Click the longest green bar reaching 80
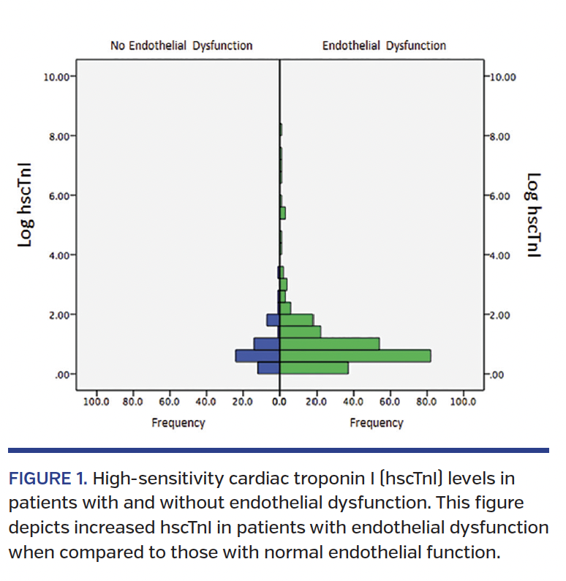tap(355, 356)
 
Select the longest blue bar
tap(257, 356)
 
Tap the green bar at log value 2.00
tap(297, 320)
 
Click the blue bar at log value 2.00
tap(273, 320)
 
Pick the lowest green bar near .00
tap(314, 368)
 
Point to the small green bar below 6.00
tap(282, 213)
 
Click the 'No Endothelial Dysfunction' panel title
tap(181, 45)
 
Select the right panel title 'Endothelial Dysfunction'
tap(384, 45)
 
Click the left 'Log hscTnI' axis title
tap(26, 213)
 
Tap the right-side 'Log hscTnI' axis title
tap(533, 215)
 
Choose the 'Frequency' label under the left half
tap(178, 423)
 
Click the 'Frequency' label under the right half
tap(376, 423)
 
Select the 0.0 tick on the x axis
tap(279, 401)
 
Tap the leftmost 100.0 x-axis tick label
tap(95, 401)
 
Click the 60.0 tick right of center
tap(390, 401)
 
